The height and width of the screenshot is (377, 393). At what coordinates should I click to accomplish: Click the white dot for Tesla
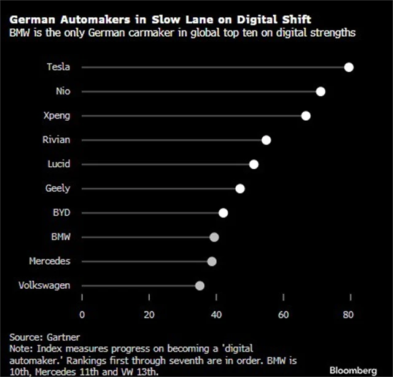pyautogui.click(x=349, y=67)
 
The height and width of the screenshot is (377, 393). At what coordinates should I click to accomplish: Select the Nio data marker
pyautogui.click(x=321, y=91)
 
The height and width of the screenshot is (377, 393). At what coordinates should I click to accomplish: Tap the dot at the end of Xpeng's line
pyautogui.click(x=306, y=116)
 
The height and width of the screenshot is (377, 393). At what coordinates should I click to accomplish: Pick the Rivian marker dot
pyautogui.click(x=266, y=140)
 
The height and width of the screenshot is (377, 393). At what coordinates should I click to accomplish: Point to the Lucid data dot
pyautogui.click(x=254, y=164)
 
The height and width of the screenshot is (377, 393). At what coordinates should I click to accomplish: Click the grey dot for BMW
pyautogui.click(x=214, y=237)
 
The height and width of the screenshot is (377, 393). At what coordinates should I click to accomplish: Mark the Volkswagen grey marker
pyautogui.click(x=200, y=286)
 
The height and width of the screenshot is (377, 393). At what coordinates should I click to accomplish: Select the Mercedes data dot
pyautogui.click(x=212, y=262)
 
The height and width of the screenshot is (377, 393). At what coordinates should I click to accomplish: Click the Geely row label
pyautogui.click(x=58, y=188)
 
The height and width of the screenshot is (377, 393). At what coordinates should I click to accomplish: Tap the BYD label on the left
pyautogui.click(x=60, y=213)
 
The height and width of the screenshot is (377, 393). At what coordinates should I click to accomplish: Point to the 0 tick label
pyautogui.click(x=82, y=315)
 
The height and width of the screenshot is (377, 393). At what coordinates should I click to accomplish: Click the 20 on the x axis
pyautogui.click(x=149, y=315)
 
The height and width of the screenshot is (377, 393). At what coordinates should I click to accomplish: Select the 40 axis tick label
pyautogui.click(x=216, y=315)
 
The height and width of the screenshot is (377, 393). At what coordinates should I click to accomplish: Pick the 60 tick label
pyautogui.click(x=282, y=315)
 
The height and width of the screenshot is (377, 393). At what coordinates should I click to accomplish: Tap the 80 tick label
pyautogui.click(x=349, y=315)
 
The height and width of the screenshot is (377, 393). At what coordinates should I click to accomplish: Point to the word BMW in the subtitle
pyautogui.click(x=20, y=32)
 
